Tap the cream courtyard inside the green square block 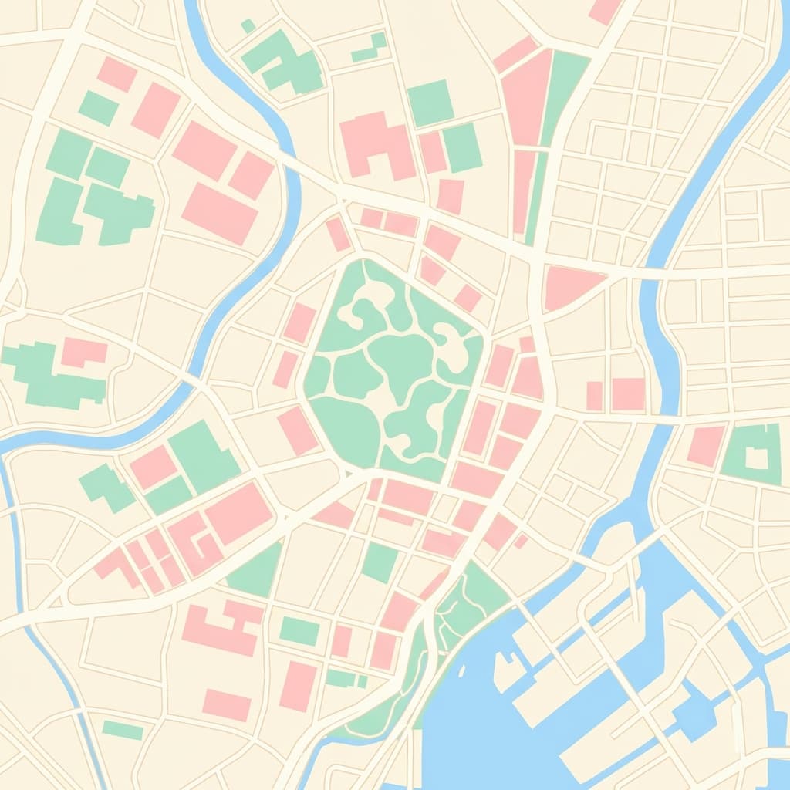(757, 458)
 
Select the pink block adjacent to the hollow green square (706, 446)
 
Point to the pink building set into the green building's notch (83, 352)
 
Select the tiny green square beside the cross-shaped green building (248, 25)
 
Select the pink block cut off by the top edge (603, 10)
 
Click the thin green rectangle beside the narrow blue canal (123, 729)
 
